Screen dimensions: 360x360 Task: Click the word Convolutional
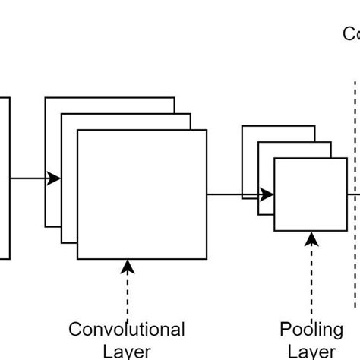tap(127, 330)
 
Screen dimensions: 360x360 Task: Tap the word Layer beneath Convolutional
tap(127, 351)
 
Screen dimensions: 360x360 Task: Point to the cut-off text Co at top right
tap(351, 34)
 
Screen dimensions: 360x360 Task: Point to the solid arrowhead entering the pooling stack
tap(267, 195)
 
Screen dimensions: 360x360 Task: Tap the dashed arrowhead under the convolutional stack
tap(128, 266)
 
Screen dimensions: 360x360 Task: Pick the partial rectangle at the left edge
tap(5, 178)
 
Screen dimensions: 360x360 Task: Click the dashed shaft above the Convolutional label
tap(128, 296)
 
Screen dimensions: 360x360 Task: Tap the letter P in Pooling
tap(286, 330)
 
